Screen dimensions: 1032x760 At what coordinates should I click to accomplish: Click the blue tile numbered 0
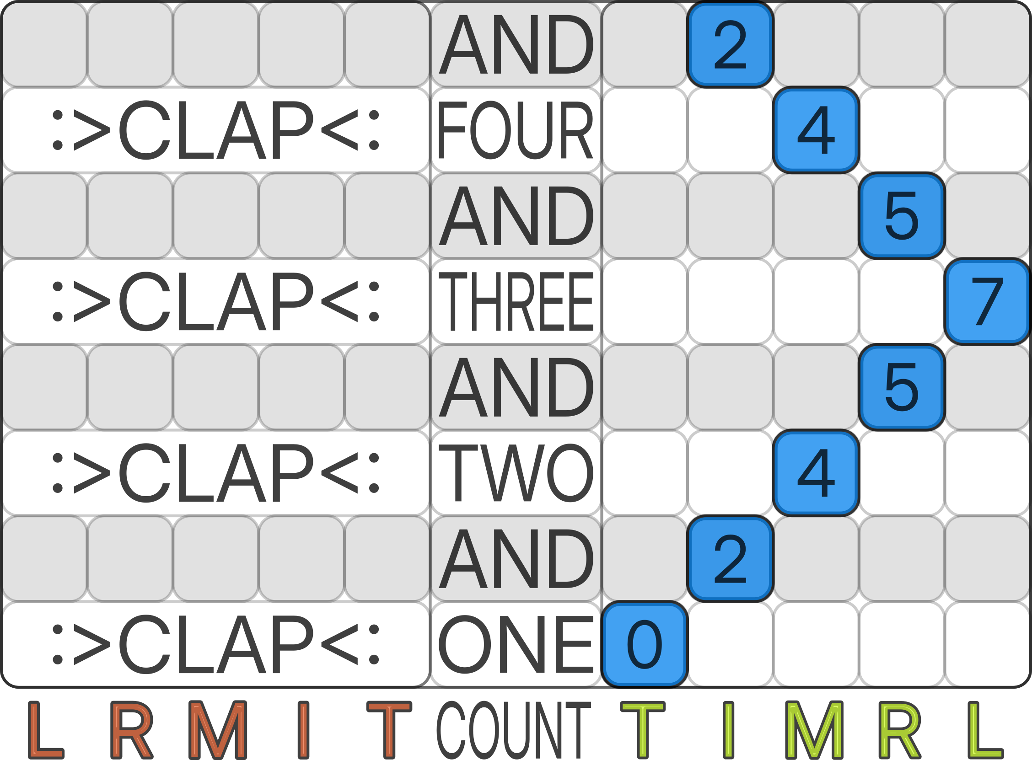pos(645,644)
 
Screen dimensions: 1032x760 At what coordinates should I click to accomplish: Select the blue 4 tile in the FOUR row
pos(816,130)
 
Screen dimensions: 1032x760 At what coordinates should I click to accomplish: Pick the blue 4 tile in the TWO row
pos(816,473)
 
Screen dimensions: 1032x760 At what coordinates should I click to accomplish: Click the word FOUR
pos(516,130)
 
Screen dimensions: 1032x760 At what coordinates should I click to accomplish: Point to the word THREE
pos(516,301)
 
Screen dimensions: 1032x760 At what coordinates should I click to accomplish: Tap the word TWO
pos(516,473)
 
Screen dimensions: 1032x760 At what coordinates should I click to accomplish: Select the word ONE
pos(516,644)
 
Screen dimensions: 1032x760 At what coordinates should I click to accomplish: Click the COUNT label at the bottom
pos(514,730)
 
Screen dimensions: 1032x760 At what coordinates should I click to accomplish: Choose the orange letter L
pos(46,730)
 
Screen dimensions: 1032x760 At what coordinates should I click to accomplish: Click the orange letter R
pos(132,730)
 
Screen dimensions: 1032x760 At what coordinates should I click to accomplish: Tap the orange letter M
pos(218,730)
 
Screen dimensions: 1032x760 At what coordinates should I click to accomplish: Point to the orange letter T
pos(389,730)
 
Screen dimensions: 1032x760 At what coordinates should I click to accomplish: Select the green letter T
pos(643,730)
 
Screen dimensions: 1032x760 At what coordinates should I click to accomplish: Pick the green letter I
pos(728,730)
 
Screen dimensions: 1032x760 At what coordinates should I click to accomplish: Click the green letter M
pos(814,730)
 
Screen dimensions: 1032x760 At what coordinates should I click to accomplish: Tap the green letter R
pos(900,730)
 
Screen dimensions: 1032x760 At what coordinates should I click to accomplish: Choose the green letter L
pos(986,730)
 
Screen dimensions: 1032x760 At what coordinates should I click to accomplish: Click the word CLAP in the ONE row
pos(216,644)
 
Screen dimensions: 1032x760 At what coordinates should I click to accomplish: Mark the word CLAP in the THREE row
pos(216,301)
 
